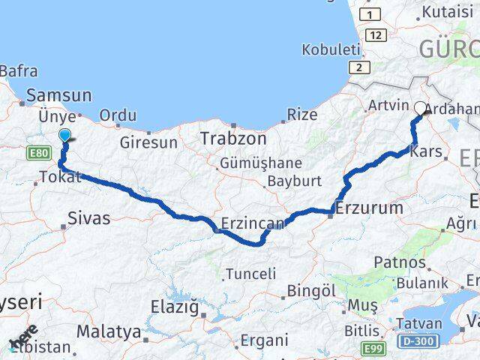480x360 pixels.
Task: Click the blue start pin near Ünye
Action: pos(65,135)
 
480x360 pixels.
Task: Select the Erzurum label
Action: pos(370,207)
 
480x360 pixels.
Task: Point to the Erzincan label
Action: pos(253,223)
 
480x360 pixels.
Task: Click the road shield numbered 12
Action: pos(376,35)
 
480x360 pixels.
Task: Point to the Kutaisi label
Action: pos(448,12)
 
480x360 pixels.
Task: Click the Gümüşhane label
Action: pos(260,163)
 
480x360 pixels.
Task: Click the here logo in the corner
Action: pos(23,337)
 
